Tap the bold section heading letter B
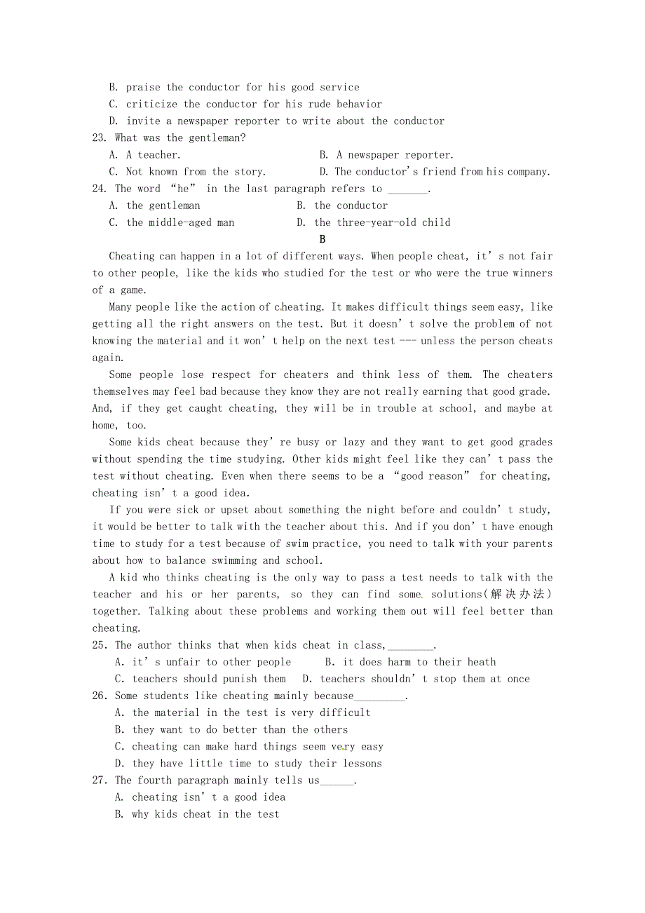click(x=322, y=239)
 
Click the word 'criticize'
click(x=151, y=104)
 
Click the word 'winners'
click(x=532, y=273)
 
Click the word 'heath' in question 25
click(x=481, y=662)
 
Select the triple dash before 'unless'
click(x=407, y=341)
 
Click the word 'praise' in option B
click(x=143, y=88)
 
